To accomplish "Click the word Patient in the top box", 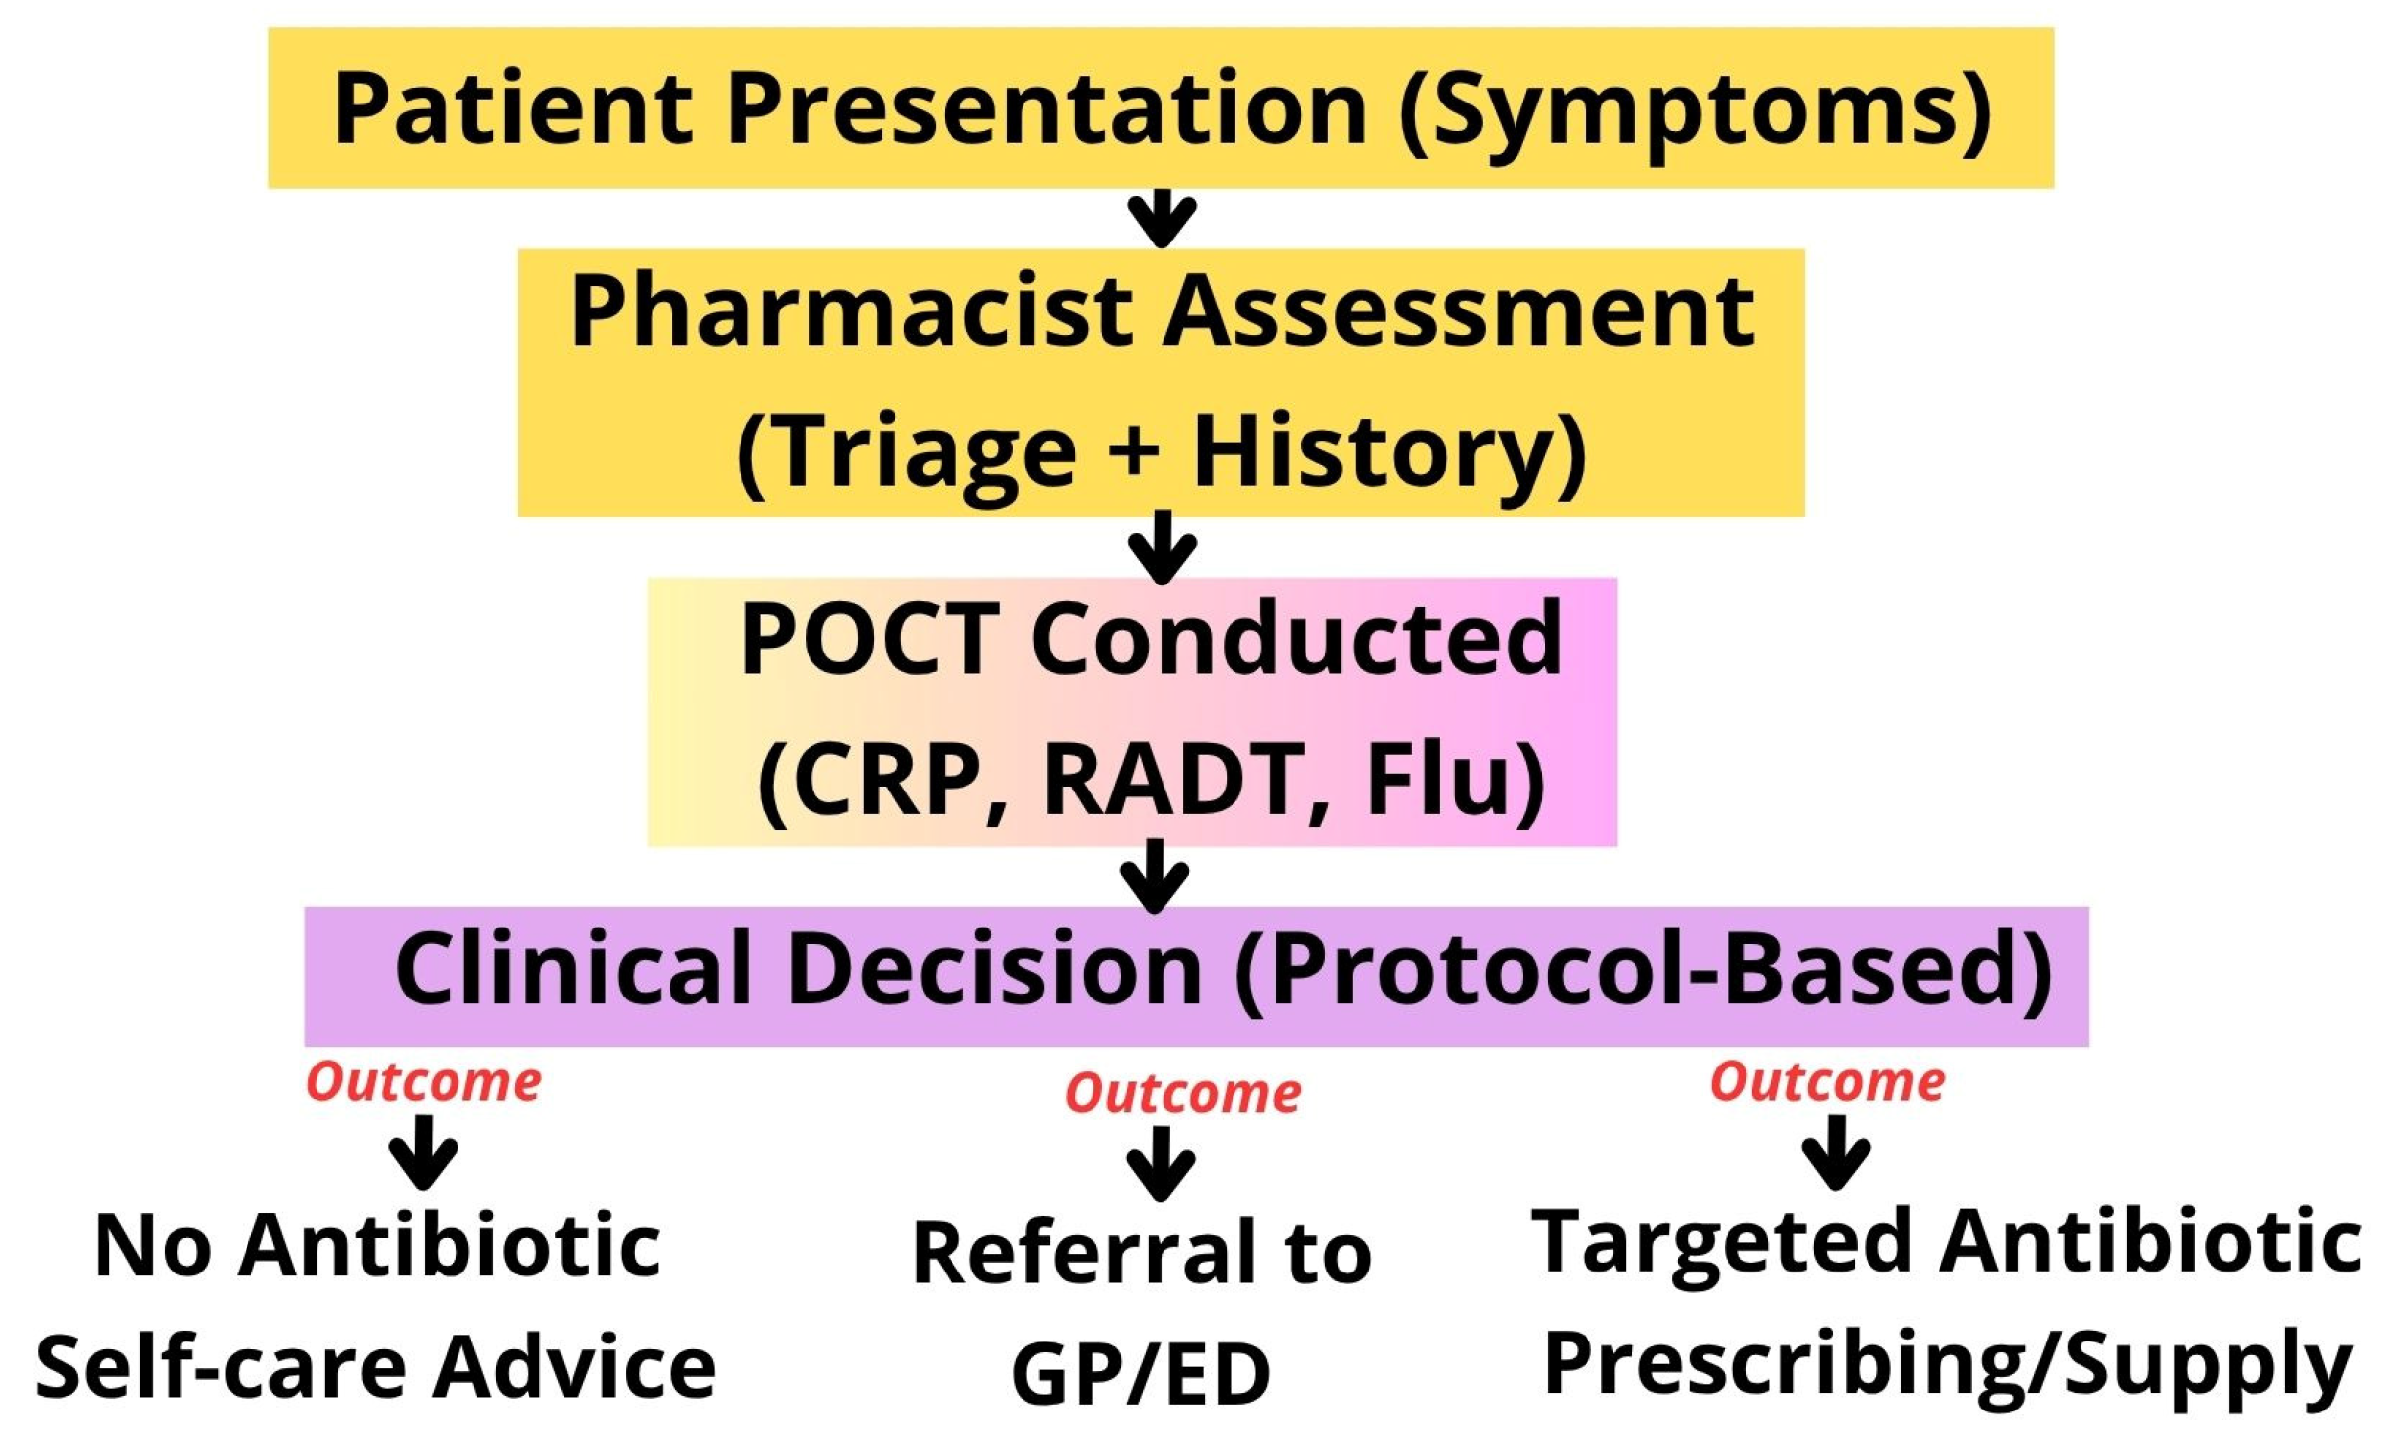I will point(513,108).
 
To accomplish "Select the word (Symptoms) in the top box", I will point(1695,110).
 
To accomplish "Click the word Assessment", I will point(1459,311).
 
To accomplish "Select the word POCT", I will point(868,640).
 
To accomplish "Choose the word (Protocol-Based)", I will point(1642,972).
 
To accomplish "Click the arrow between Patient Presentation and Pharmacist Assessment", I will point(1162,218).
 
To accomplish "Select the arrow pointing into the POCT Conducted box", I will point(1162,547).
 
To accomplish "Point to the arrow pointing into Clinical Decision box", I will point(1155,876).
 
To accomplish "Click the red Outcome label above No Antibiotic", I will point(424,1083).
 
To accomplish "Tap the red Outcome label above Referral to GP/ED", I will point(1183,1095).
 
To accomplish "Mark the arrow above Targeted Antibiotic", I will point(1836,1151).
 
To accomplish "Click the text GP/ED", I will point(1141,1375).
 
